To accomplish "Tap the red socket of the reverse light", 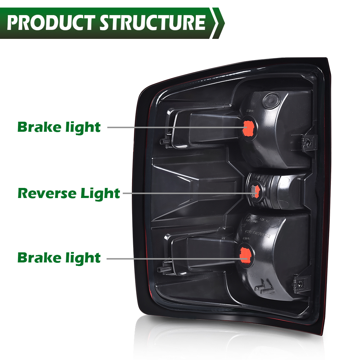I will coord(255,191).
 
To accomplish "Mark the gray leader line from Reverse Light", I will coord(187,193).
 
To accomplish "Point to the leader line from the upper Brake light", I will coord(173,127).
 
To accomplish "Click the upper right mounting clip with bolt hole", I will coord(306,143).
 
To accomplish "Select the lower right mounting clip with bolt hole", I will coord(298,283).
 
